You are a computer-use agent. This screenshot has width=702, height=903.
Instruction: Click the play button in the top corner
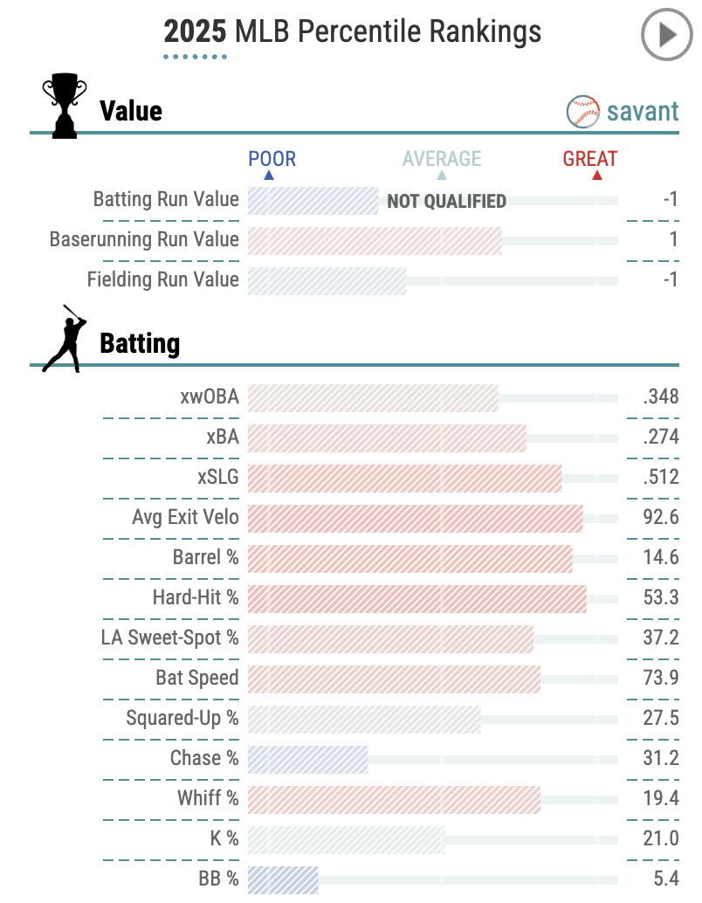click(x=665, y=35)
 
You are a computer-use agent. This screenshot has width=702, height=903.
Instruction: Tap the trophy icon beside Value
click(x=64, y=106)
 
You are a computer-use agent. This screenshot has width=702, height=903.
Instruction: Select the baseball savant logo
click(x=623, y=112)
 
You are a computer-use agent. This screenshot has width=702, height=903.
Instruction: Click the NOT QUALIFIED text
click(x=446, y=202)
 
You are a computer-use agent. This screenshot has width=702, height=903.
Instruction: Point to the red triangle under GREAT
click(x=597, y=175)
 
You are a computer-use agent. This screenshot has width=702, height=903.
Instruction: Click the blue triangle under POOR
click(x=269, y=175)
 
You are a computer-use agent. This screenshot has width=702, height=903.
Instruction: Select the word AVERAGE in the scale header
click(x=442, y=159)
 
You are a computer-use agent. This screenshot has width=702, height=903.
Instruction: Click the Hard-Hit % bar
click(x=416, y=598)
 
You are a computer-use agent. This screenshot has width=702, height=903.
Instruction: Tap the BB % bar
click(x=283, y=879)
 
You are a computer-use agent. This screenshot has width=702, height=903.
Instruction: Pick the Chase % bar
click(x=307, y=759)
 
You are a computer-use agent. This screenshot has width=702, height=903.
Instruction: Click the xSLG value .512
click(x=660, y=478)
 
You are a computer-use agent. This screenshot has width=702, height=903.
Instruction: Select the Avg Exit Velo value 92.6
click(x=660, y=518)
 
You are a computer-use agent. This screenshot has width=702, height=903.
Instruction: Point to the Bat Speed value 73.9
click(x=660, y=679)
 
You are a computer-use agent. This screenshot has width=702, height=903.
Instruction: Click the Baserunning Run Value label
click(x=144, y=240)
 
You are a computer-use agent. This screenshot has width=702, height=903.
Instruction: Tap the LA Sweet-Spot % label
click(x=170, y=638)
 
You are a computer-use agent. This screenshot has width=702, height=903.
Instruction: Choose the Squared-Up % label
click(x=182, y=719)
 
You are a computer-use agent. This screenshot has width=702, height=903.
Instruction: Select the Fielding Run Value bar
click(x=327, y=280)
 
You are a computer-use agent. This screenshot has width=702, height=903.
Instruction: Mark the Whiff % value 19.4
click(x=660, y=799)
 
